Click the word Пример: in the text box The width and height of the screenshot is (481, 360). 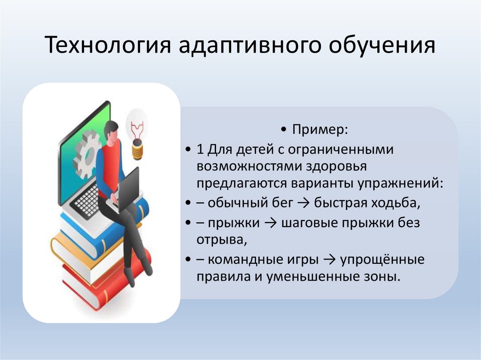point(320,129)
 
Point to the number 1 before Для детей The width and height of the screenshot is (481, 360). point(201,150)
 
